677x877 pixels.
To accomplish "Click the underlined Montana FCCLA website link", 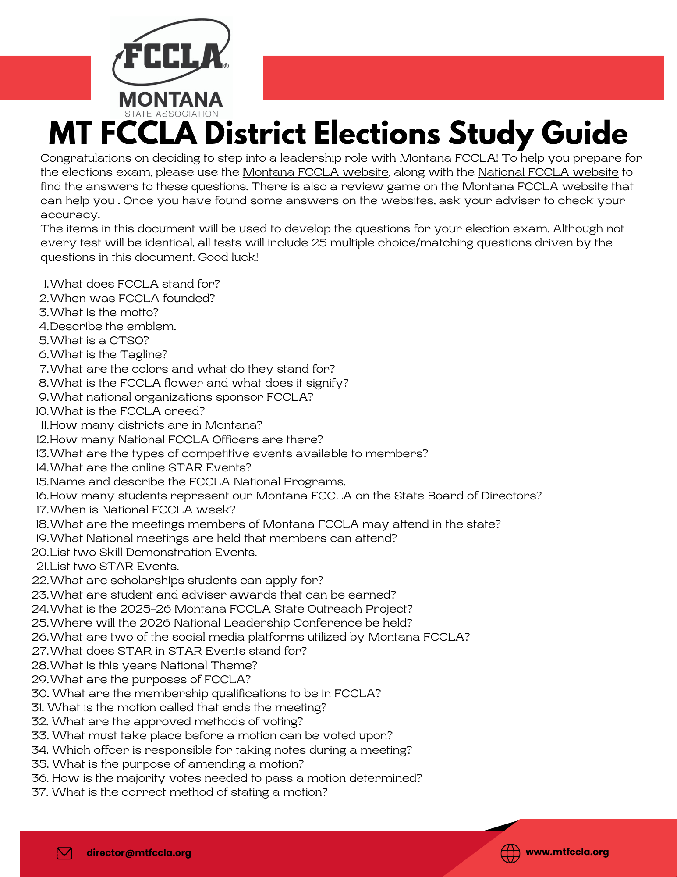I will click(315, 172).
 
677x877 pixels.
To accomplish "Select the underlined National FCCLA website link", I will click(548, 172).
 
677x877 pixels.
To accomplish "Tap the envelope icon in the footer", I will click(64, 853).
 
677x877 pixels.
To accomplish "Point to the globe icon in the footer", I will click(510, 853).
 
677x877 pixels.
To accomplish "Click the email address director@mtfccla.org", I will click(139, 853).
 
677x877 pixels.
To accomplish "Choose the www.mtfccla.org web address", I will click(567, 852).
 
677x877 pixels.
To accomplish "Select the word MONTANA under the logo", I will click(171, 100).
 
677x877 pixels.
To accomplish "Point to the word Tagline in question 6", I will click(146, 355).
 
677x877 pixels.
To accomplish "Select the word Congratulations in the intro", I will click(86, 158).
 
